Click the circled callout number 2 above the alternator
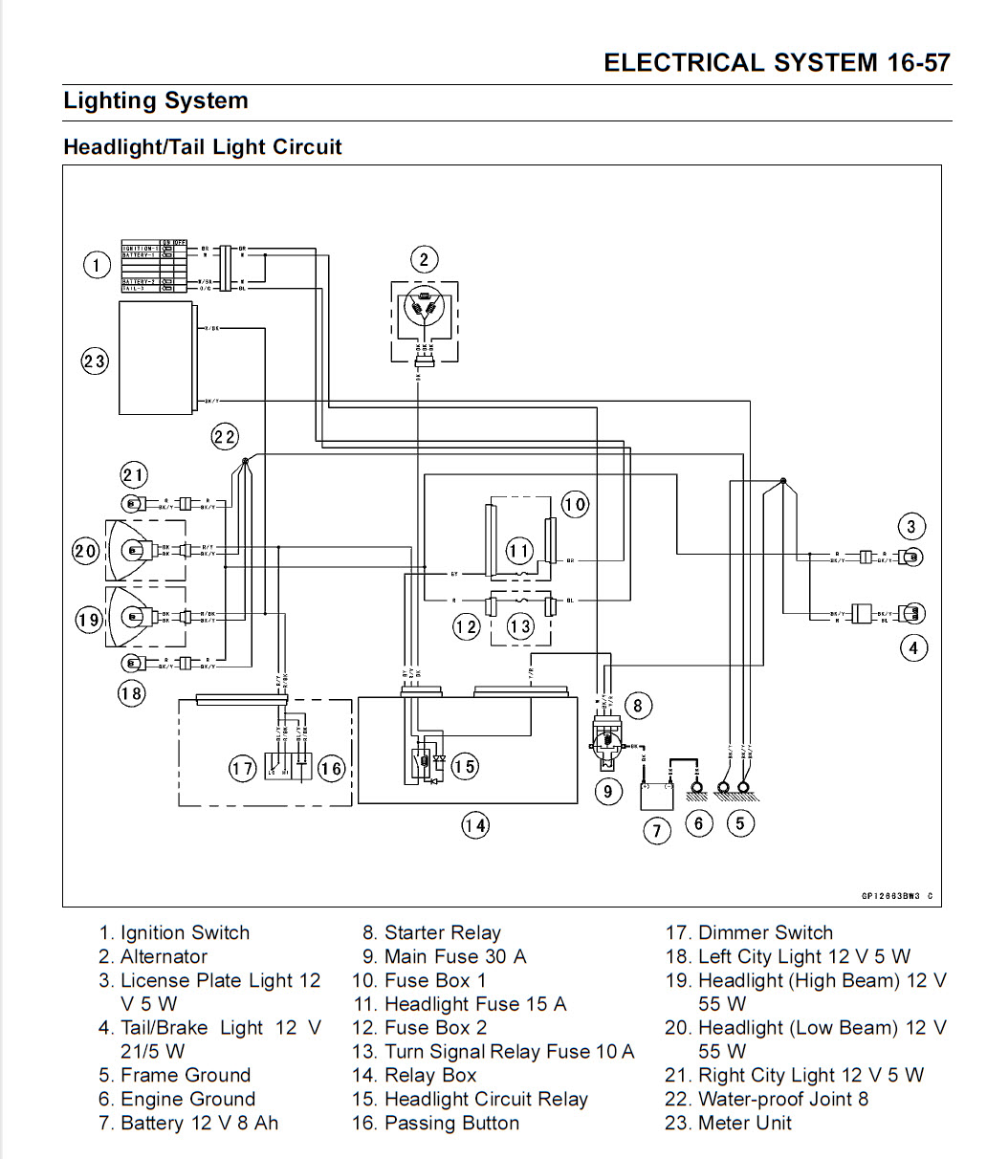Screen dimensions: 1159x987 424,259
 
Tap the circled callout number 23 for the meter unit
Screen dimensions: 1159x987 95,361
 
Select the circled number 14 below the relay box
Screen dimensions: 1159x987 475,825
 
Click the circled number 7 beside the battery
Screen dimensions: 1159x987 656,831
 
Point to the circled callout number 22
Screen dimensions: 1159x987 225,437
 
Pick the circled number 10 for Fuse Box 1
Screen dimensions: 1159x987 575,504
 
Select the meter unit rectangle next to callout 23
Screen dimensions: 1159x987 156,357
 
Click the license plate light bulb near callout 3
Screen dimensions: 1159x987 913,556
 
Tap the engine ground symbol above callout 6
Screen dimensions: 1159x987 697,789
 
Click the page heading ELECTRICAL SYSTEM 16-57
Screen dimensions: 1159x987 777,63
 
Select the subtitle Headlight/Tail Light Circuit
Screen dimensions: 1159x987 203,147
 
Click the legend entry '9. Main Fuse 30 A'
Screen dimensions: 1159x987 444,956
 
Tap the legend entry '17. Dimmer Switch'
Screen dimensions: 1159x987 749,932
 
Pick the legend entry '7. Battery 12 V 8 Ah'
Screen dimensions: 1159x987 188,1123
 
